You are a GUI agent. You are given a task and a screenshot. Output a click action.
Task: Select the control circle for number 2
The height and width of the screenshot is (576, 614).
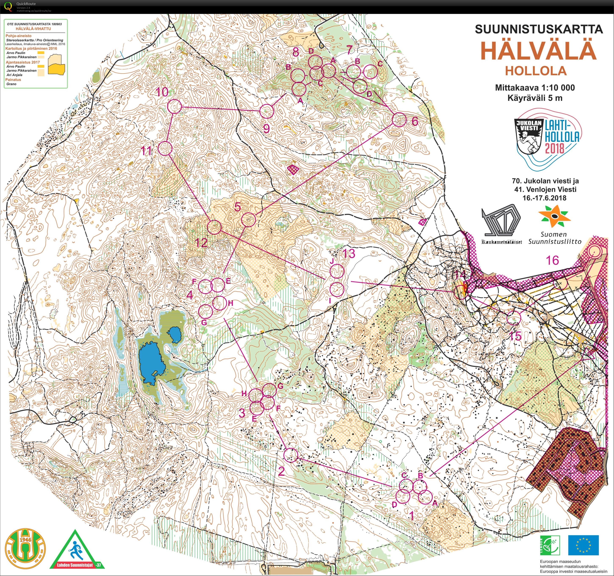coord(290,455)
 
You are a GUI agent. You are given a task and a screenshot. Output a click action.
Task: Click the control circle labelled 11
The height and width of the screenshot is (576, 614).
coord(165,148)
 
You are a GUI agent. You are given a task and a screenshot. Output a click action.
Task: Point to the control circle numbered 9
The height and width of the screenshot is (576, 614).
coord(267,111)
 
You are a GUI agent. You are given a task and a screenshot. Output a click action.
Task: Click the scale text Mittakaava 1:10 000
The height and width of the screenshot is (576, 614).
coord(535,88)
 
